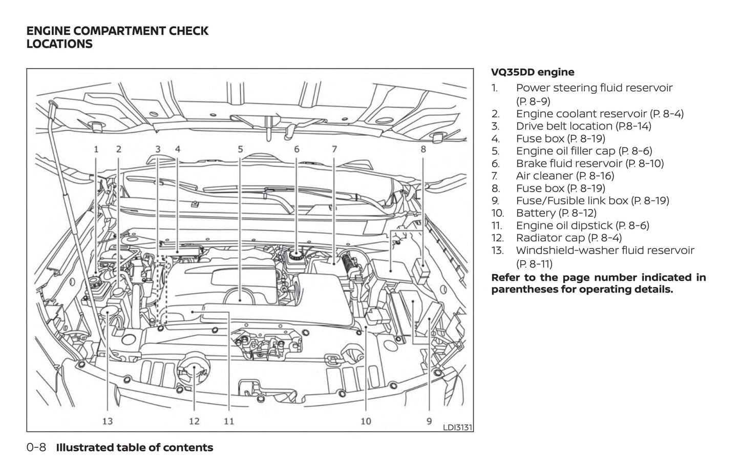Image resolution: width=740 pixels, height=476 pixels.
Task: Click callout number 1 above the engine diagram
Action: tap(96, 150)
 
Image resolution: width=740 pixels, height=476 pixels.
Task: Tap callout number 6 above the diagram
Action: tap(297, 150)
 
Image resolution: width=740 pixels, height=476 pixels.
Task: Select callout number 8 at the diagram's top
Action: tap(424, 150)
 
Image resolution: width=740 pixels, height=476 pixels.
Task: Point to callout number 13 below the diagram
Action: tap(107, 421)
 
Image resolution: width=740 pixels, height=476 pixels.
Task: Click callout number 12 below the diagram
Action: tap(194, 421)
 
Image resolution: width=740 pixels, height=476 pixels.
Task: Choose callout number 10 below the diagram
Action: tap(366, 421)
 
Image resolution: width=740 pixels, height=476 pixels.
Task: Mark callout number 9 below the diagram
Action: tap(429, 421)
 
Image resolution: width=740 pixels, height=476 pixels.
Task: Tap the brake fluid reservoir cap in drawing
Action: tap(295, 256)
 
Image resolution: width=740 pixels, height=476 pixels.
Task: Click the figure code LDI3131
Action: tap(457, 427)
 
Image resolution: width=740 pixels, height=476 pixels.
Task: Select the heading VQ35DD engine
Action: tap(533, 72)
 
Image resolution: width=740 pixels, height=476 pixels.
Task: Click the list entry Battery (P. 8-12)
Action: tap(556, 213)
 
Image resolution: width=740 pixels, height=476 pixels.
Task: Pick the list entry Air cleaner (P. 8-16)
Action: tap(565, 176)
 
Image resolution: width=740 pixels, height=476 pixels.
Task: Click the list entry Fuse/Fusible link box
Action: tap(592, 201)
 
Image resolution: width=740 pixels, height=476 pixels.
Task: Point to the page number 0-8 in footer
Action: tap(36, 448)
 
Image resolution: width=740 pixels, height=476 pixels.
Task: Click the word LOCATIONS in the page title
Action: tap(59, 44)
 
